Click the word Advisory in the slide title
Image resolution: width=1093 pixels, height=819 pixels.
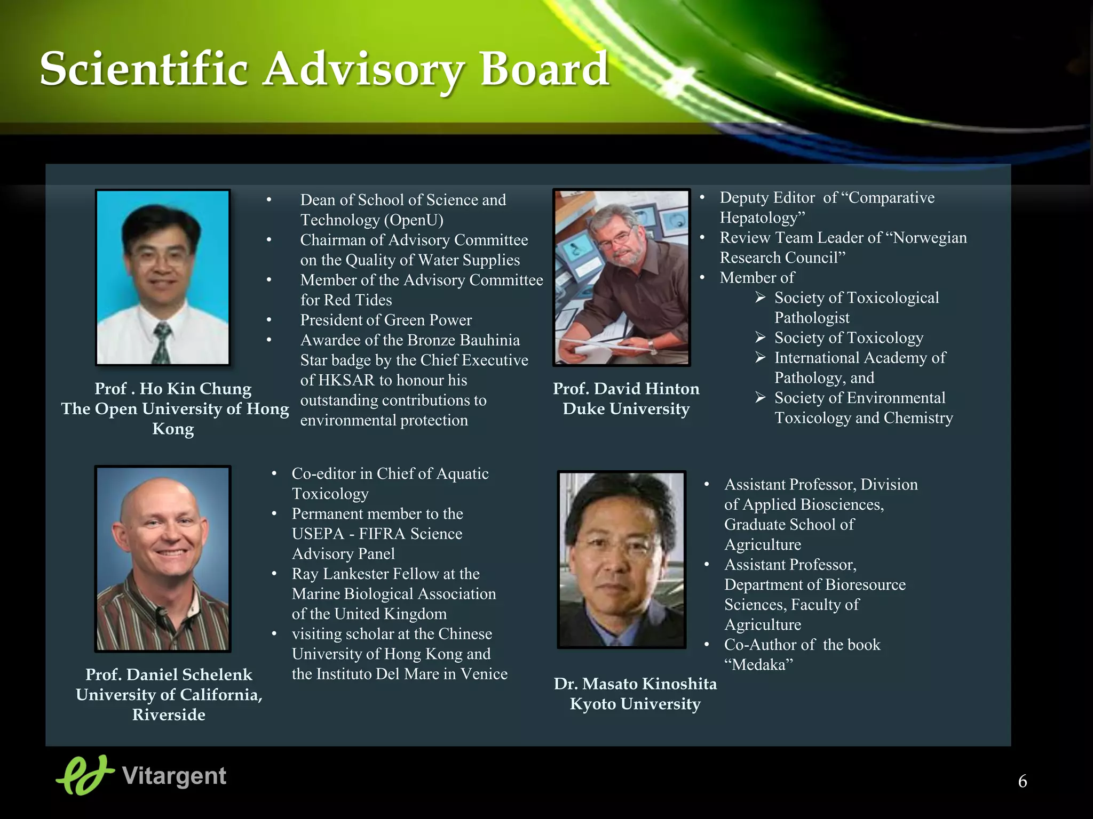pyautogui.click(x=363, y=69)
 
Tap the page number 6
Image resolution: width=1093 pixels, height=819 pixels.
pyautogui.click(x=1022, y=781)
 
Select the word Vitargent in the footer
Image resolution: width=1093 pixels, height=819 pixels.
pyautogui.click(x=174, y=776)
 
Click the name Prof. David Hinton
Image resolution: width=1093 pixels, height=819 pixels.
pyautogui.click(x=625, y=388)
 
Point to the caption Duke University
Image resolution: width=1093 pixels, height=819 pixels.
pyautogui.click(x=625, y=409)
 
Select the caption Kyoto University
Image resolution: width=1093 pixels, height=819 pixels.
pyautogui.click(x=635, y=704)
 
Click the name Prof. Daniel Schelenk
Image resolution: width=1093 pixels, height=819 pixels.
pyautogui.click(x=169, y=675)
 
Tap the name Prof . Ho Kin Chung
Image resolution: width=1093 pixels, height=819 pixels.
pyautogui.click(x=172, y=388)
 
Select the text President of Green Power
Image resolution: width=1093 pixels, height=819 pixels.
pyautogui.click(x=385, y=320)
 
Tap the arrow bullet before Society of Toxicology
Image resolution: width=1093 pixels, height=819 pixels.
pyautogui.click(x=761, y=338)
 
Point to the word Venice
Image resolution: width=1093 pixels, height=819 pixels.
pyautogui.click(x=484, y=674)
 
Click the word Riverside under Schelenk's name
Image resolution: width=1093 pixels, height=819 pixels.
pyautogui.click(x=169, y=714)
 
